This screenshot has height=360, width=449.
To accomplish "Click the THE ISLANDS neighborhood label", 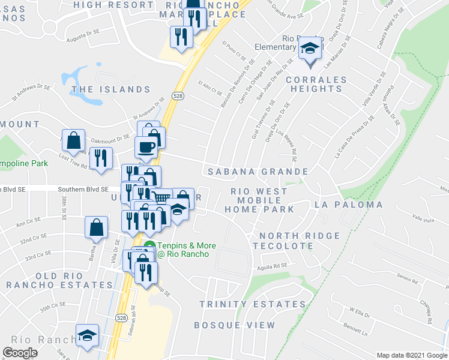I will point(110,89).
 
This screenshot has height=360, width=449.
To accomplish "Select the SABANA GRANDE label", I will point(258,172).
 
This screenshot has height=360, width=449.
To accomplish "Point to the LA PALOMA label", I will point(349,205).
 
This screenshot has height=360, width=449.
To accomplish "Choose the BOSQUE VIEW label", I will point(235,325).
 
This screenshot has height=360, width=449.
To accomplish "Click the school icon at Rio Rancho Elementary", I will point(309,47).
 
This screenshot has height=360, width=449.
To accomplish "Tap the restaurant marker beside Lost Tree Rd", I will point(101,158).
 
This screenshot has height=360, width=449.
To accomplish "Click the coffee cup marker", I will point(145,147).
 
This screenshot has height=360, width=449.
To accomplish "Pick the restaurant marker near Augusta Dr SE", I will point(181,37).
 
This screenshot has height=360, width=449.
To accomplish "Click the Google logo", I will point(20,353).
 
